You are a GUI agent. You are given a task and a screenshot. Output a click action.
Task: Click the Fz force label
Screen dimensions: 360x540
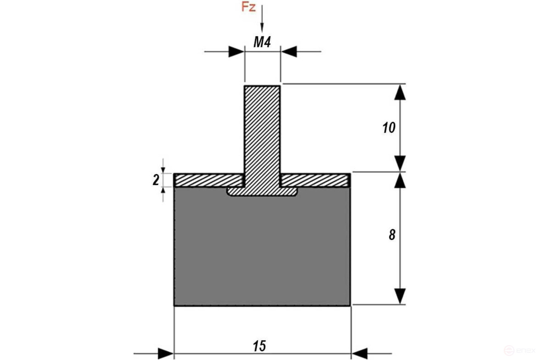point(248,7)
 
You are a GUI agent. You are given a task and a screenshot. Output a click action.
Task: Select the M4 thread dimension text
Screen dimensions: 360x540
point(262,42)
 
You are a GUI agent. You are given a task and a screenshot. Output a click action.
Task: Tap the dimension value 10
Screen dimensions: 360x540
point(388,128)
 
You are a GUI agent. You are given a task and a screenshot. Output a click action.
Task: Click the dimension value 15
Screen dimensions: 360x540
point(260,346)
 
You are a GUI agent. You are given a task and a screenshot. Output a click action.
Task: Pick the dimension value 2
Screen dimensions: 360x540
point(156,180)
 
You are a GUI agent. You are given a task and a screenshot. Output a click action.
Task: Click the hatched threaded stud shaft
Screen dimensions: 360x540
point(262,129)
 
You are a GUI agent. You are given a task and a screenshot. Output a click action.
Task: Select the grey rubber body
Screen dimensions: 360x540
point(262,250)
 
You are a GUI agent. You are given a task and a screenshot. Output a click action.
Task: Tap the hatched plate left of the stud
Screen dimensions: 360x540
point(209,180)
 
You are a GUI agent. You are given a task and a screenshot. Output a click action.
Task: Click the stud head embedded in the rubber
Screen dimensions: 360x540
point(262,191)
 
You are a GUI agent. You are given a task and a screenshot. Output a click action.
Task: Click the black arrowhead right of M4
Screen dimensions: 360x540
point(289,52)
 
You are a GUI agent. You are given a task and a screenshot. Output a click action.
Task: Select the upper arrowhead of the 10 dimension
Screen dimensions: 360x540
point(399,92)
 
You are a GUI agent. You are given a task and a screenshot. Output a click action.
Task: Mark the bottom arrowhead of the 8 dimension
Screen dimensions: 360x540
point(399,296)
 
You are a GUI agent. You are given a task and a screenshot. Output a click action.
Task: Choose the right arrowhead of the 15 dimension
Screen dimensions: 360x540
point(359,354)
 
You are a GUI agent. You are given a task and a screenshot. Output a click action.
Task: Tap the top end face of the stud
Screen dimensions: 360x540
point(262,86)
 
